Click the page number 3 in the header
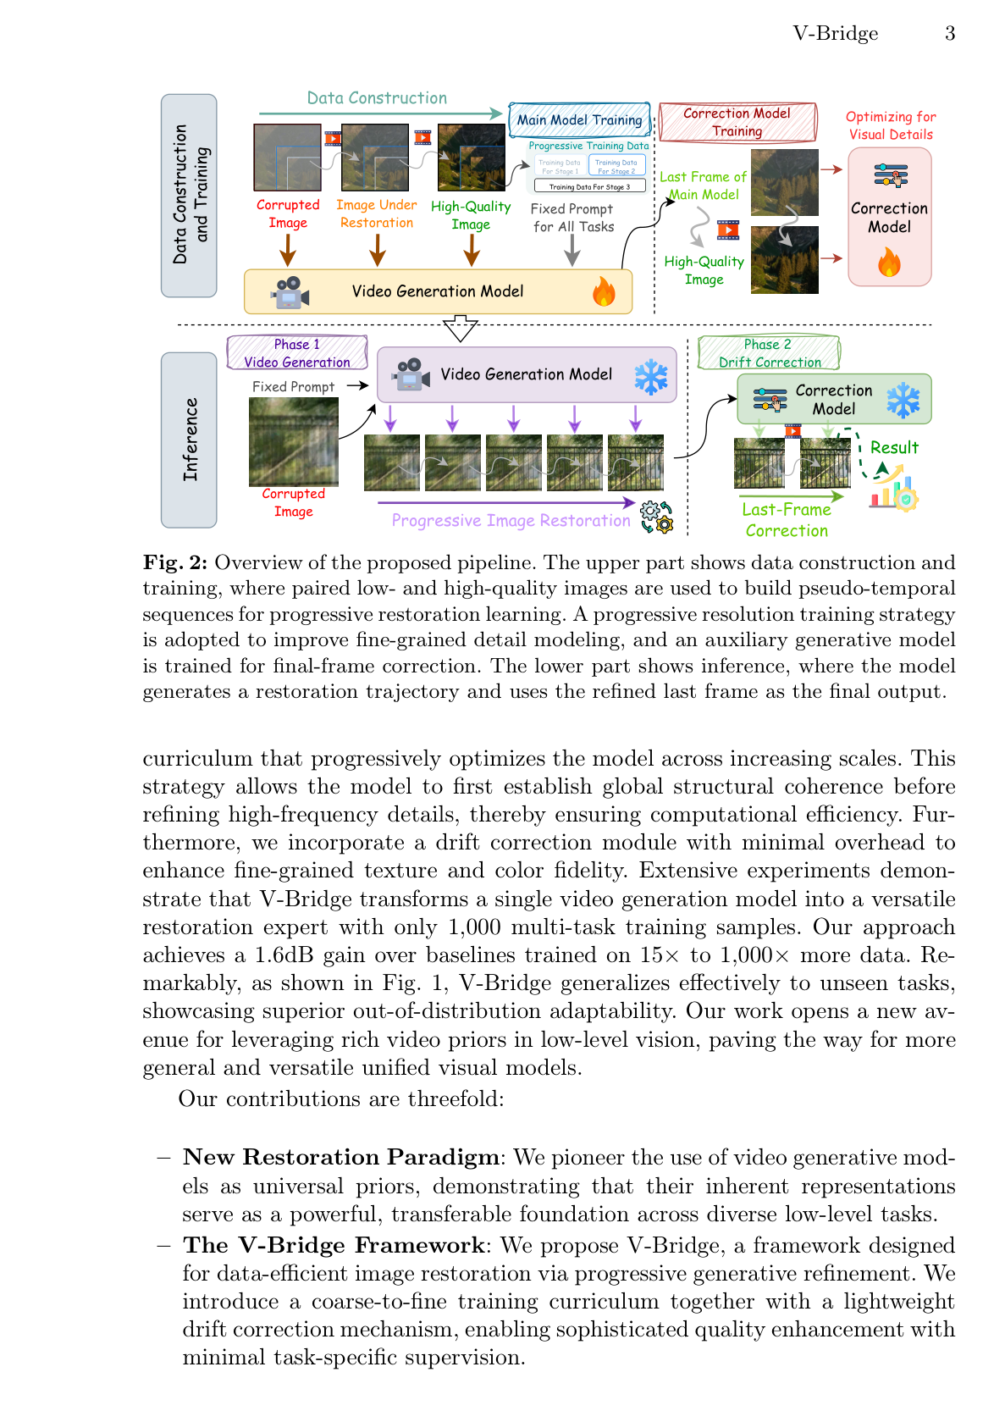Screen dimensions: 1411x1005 point(950,34)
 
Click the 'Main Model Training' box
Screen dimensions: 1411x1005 point(579,120)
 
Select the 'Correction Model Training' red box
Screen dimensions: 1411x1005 point(737,122)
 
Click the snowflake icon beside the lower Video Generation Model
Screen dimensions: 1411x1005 point(651,376)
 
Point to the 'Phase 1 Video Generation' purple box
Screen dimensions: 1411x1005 point(296,353)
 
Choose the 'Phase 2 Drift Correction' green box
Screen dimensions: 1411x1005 point(769,353)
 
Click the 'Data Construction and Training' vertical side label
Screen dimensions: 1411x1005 point(189,195)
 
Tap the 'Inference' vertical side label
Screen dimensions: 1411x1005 point(189,440)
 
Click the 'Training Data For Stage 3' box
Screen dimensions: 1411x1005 point(589,186)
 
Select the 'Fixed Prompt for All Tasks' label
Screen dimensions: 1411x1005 point(573,218)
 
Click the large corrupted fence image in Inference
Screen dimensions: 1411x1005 point(293,442)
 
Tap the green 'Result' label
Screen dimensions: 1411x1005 point(894,448)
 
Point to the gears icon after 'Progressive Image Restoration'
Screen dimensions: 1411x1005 point(656,516)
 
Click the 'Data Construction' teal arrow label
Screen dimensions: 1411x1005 point(377,98)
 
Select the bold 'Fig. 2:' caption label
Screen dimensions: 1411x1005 point(175,563)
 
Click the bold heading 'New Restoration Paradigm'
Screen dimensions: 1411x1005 point(340,1158)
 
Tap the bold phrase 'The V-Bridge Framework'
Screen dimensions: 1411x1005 point(333,1246)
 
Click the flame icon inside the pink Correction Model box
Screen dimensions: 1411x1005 point(889,263)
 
